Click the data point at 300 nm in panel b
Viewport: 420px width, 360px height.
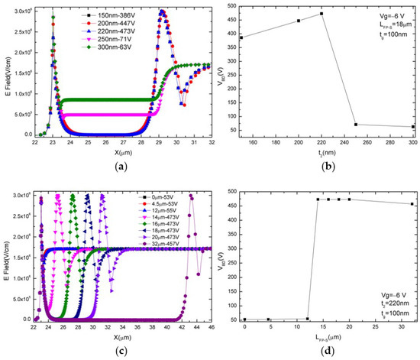click(413, 127)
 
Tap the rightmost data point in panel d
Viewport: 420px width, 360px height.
click(412, 204)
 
